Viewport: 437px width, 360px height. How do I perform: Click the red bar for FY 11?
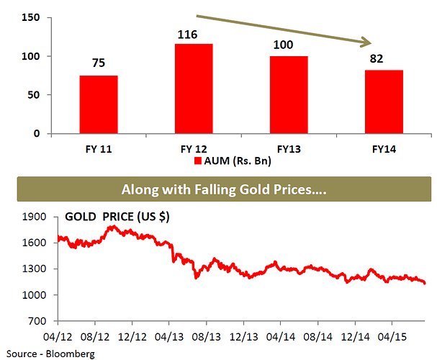coord(99,104)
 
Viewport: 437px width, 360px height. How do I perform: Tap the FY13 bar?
coord(289,94)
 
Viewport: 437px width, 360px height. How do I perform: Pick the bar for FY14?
coord(384,102)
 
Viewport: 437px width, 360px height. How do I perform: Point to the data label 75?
coord(99,63)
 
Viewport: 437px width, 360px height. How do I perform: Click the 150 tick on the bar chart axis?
coord(31,17)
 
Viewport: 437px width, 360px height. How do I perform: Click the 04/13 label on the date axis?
coord(168,336)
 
